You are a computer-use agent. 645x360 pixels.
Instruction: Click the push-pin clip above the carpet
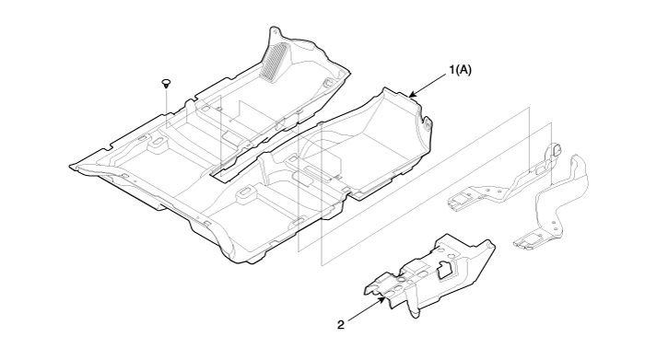coord(166,83)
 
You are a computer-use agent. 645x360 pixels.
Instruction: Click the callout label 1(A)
coord(461,70)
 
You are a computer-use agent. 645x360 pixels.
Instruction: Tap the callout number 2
coord(341,325)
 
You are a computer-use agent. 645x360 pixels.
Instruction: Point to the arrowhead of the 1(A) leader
coord(413,95)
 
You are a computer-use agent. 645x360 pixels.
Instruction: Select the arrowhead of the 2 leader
coord(382,300)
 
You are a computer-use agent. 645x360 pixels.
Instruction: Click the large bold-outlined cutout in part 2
coord(446,269)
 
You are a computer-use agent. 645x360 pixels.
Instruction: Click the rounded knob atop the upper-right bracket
coord(556,149)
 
